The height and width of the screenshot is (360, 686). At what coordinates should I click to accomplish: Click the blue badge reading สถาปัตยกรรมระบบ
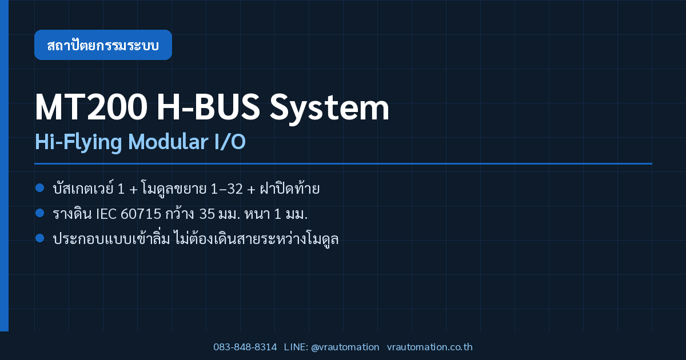tap(103, 45)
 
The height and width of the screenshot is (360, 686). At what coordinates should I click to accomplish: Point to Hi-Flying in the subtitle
tap(78, 142)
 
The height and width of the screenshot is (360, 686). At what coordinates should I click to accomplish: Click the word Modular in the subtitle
tap(168, 142)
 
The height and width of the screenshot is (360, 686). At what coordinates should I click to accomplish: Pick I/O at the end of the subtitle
tap(230, 142)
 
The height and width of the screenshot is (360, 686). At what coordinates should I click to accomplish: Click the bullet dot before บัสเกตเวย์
tap(40, 187)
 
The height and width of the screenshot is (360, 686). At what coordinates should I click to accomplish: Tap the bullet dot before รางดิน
tap(40, 213)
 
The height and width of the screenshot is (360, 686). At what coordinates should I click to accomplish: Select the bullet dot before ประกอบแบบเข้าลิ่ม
tap(40, 238)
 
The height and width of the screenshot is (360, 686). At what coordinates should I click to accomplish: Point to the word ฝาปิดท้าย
tap(290, 187)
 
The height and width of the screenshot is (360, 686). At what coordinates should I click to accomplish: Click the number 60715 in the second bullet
tap(141, 214)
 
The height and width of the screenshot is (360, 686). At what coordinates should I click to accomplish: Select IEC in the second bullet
tap(106, 214)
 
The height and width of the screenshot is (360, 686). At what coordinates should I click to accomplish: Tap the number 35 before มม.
tap(207, 214)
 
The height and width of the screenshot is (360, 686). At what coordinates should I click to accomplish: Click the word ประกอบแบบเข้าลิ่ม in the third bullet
tap(111, 238)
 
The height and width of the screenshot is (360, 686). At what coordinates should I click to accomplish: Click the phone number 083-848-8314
tap(245, 347)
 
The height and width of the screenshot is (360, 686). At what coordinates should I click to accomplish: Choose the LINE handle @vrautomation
tap(345, 347)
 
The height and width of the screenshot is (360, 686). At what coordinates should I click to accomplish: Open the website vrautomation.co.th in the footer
tap(430, 347)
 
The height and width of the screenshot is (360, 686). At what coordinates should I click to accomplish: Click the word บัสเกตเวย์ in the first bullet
tap(83, 187)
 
